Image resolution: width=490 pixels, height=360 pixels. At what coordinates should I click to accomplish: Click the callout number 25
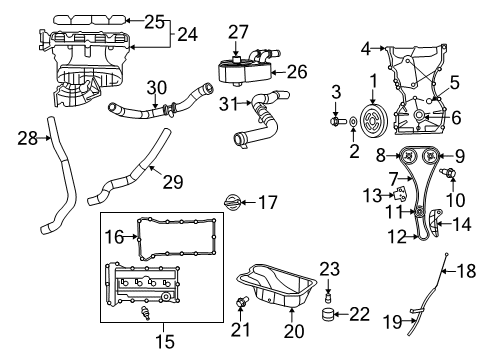(152, 21)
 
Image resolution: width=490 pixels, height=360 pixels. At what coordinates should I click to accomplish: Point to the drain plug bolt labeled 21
(240, 300)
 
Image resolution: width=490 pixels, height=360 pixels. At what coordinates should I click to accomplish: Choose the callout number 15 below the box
(159, 342)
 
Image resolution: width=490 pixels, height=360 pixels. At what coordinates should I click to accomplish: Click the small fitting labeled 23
(328, 294)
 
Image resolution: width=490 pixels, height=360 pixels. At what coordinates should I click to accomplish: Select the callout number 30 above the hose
(154, 88)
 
